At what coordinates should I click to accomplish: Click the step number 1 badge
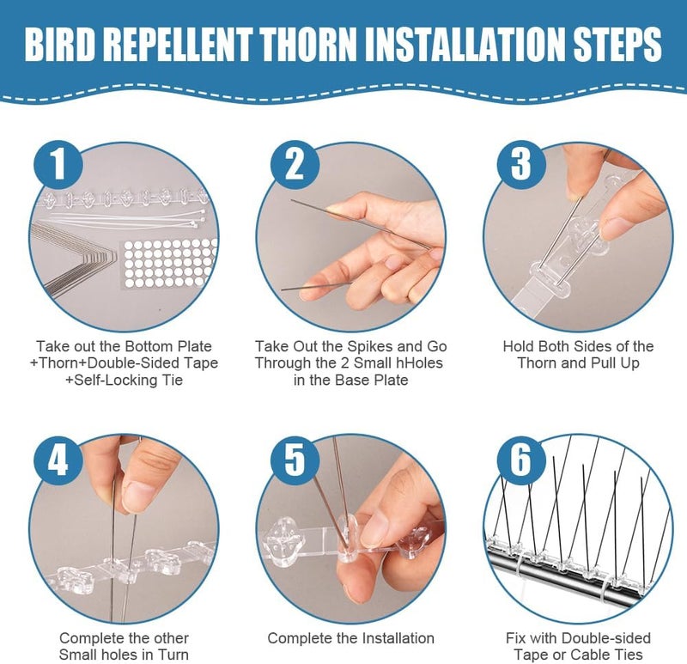pyautogui.click(x=58, y=165)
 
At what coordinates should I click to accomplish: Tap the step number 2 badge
pyautogui.click(x=295, y=165)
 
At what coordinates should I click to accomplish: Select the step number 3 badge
pyautogui.click(x=521, y=165)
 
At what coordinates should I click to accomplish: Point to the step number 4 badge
pyautogui.click(x=58, y=460)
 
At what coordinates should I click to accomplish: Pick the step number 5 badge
pyautogui.click(x=295, y=460)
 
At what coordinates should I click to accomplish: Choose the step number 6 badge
pyautogui.click(x=521, y=460)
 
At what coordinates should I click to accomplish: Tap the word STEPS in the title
pyautogui.click(x=617, y=45)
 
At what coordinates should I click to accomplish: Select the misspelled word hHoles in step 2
pyautogui.click(x=422, y=362)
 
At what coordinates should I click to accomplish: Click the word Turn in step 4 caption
pyautogui.click(x=173, y=655)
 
